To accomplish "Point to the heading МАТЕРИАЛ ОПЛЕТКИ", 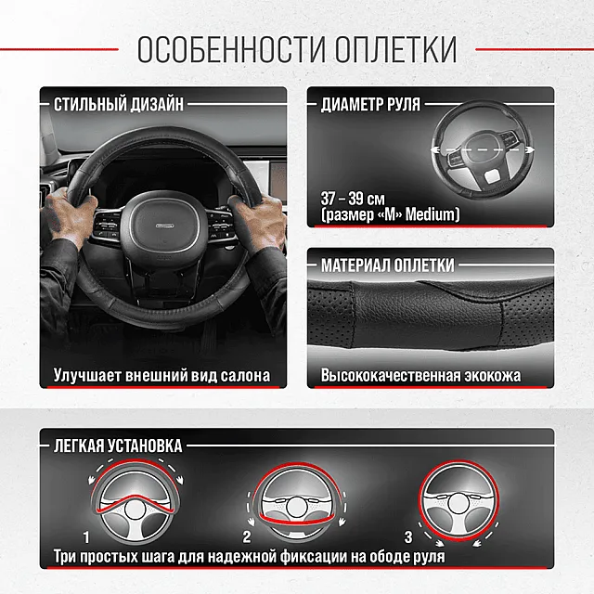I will tap(388, 265).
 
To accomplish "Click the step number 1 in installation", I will tap(86, 537).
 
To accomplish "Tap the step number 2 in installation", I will tap(247, 537).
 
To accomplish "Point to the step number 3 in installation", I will tap(407, 536).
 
